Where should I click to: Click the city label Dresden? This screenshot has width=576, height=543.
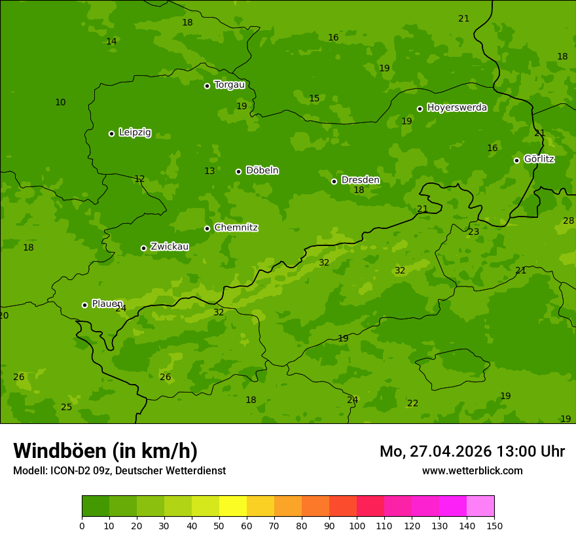coord(360,180)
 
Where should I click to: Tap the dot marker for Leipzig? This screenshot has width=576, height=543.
coord(111,133)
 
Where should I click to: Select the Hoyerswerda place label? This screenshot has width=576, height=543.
coord(457,107)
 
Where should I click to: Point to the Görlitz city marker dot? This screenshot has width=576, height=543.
coord(516,160)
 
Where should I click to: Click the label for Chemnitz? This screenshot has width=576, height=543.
coord(236,228)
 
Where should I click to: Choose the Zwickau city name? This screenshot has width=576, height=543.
coord(170,247)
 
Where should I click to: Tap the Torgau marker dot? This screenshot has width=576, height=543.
coord(207,86)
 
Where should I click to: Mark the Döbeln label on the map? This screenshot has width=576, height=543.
coord(262,170)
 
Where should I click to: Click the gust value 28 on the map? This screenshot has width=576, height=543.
coord(568,220)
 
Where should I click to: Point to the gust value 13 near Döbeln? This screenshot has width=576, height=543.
coord(209,171)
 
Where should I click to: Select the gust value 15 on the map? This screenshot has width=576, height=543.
coord(314,98)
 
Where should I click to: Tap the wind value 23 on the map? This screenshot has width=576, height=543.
coord(473,232)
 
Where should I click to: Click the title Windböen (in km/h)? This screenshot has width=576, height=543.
coord(105,451)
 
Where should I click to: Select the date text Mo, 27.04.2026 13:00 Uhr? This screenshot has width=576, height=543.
coord(472,451)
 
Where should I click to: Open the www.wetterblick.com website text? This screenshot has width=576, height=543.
coord(472,470)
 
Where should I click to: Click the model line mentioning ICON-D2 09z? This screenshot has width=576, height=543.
coord(119,470)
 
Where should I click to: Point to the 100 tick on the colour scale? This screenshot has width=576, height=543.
coord(357,525)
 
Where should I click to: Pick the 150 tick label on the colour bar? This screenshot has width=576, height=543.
coord(494,525)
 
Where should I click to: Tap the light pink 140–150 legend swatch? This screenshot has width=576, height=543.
coord(480,506)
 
